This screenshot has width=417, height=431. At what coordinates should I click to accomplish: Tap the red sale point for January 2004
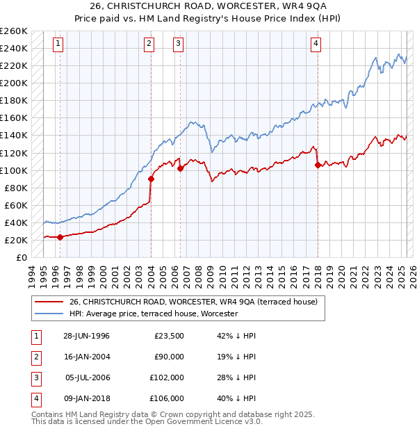click(x=151, y=179)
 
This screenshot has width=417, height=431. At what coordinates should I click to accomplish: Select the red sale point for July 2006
click(x=180, y=168)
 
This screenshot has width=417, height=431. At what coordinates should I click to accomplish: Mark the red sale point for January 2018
click(x=318, y=165)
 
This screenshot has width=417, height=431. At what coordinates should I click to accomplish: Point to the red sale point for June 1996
click(x=60, y=236)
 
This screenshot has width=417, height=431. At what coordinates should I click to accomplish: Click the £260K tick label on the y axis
click(x=14, y=31)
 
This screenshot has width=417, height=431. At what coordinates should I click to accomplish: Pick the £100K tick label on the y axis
click(x=14, y=170)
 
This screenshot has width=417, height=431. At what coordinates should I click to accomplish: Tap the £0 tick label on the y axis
click(x=21, y=257)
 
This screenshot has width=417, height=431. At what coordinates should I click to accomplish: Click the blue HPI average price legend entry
click(x=154, y=314)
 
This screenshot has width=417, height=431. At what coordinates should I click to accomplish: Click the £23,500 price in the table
click(x=169, y=336)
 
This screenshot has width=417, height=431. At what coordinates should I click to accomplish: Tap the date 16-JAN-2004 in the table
click(x=86, y=357)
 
